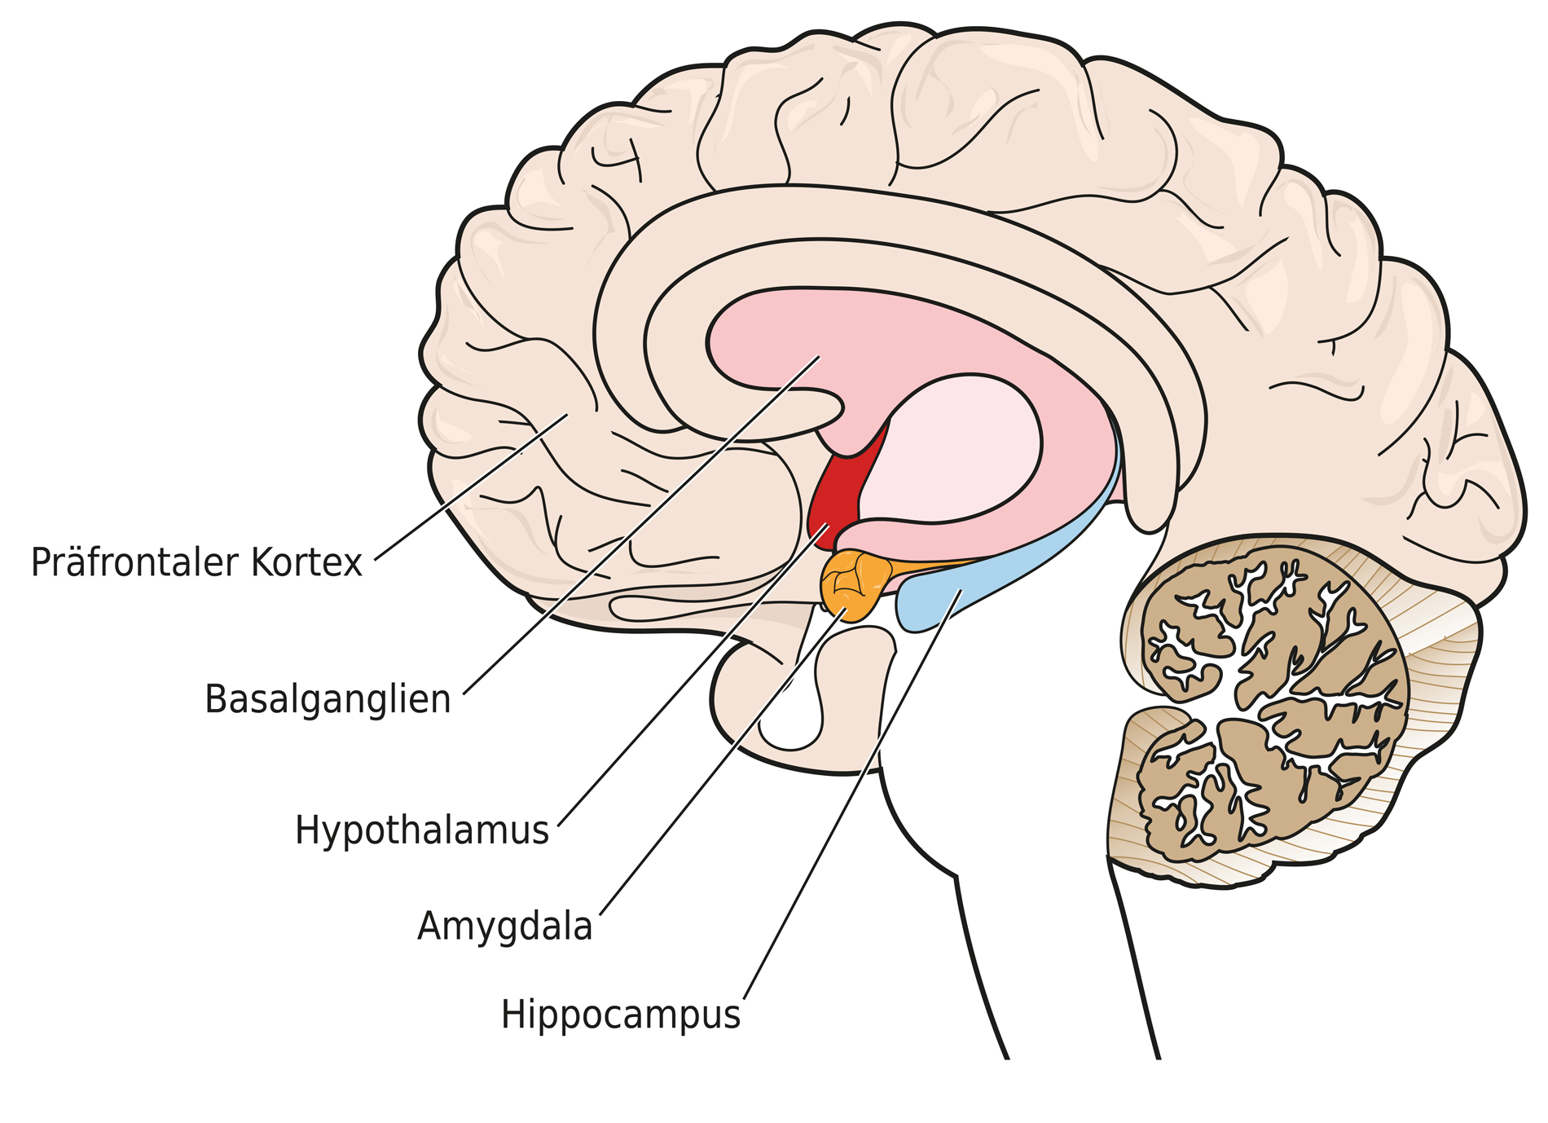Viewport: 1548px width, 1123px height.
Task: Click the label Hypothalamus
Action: click(421, 830)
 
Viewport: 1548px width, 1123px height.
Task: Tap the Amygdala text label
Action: click(504, 927)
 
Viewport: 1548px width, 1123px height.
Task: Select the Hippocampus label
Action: click(620, 1015)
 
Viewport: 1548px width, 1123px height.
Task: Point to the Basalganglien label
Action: click(328, 699)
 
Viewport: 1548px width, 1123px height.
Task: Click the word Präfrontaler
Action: click(135, 562)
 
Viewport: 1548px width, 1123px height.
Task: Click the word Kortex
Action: click(306, 562)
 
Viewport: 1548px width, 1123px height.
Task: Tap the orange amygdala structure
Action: click(851, 581)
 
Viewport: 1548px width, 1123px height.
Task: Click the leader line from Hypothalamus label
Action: click(693, 676)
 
